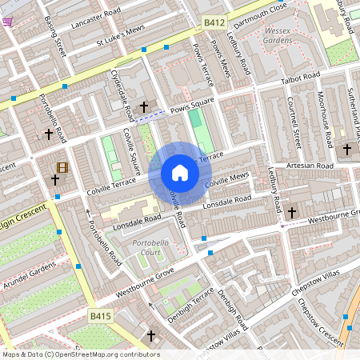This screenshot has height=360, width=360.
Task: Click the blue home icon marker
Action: pos(180,173)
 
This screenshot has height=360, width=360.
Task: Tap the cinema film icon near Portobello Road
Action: pos(62,167)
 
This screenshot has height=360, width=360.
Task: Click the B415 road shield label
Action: pos(100,317)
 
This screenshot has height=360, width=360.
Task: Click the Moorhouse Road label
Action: pos(323,118)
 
